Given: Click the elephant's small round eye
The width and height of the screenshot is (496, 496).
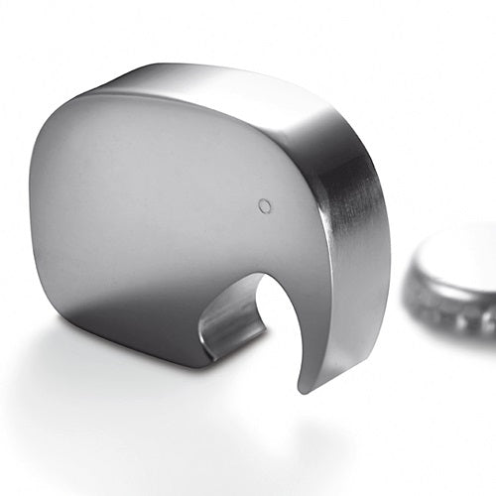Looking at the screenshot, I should [264, 206].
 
